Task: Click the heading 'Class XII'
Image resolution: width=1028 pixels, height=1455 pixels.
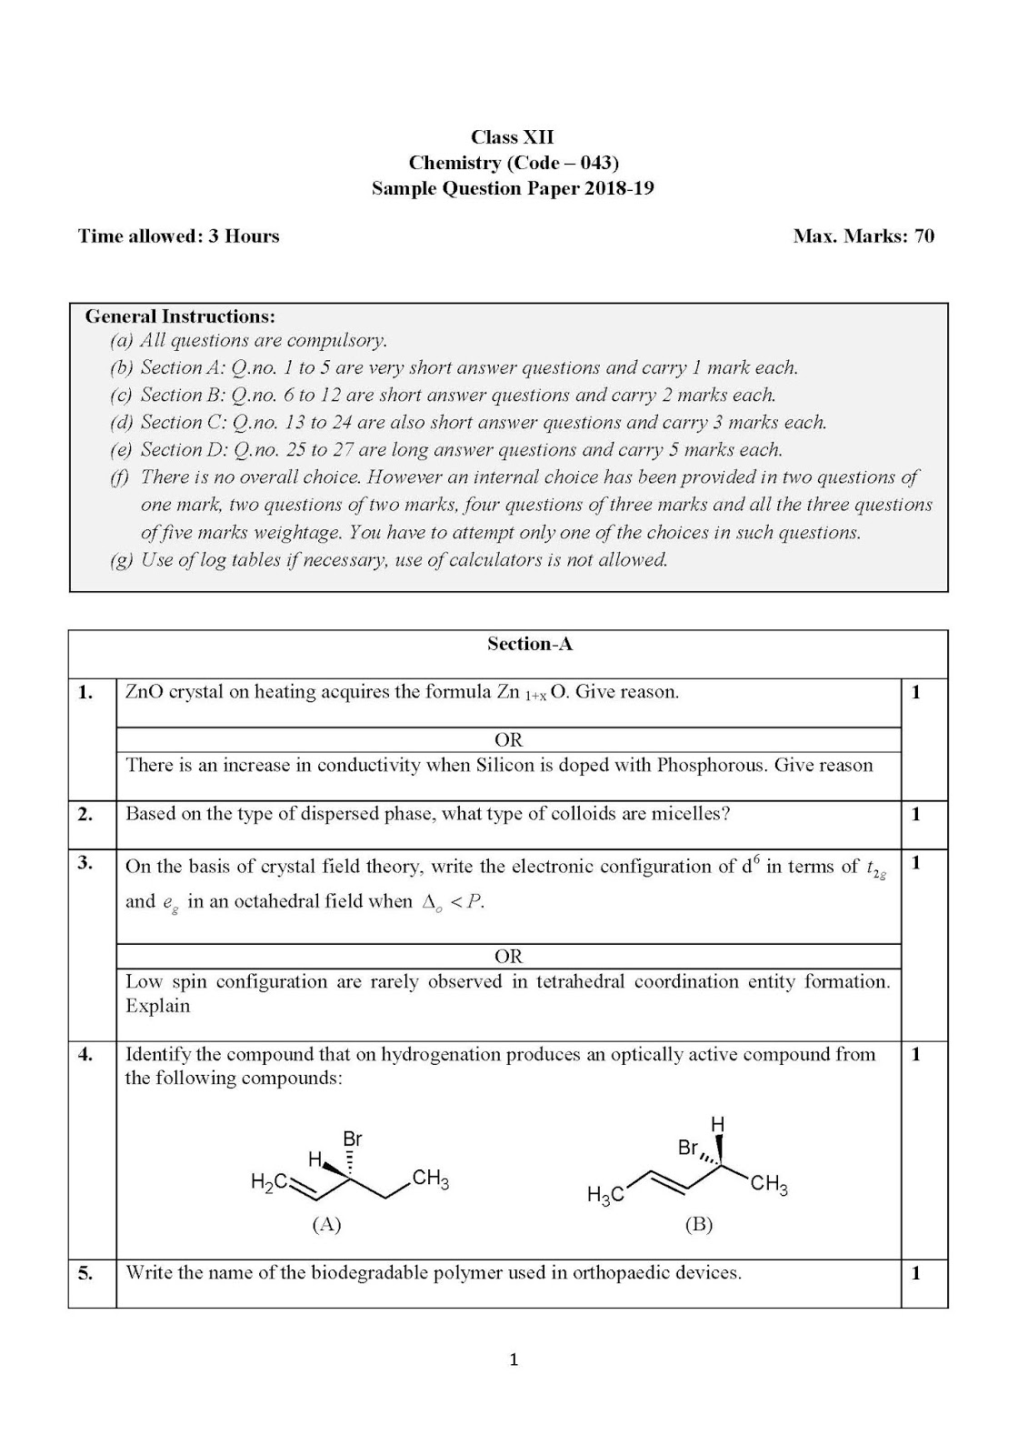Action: pos(512,137)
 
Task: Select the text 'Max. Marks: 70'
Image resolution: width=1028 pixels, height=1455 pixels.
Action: pos(863,236)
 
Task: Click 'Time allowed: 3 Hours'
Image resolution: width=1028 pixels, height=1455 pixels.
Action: pos(179,236)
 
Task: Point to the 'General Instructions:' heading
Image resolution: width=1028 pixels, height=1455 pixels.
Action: pos(180,316)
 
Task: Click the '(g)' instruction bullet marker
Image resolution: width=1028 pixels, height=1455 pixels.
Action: pos(122,560)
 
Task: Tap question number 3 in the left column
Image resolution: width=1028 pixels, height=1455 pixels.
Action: pos(85,863)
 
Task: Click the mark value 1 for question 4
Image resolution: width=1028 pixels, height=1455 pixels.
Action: pos(916,1054)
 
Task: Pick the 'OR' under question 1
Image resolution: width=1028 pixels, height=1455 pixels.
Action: pos(508,739)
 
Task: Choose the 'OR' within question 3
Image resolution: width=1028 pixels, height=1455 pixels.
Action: pos(508,956)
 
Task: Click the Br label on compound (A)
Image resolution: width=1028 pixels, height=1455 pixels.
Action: pos(353,1139)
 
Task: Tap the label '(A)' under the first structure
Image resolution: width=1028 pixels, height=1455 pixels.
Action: pos(326,1224)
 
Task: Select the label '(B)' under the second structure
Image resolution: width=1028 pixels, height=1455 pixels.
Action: pos(698,1224)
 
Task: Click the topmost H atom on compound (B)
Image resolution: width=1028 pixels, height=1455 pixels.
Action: pos(717,1125)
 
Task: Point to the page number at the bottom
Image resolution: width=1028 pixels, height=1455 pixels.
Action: pos(514,1360)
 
